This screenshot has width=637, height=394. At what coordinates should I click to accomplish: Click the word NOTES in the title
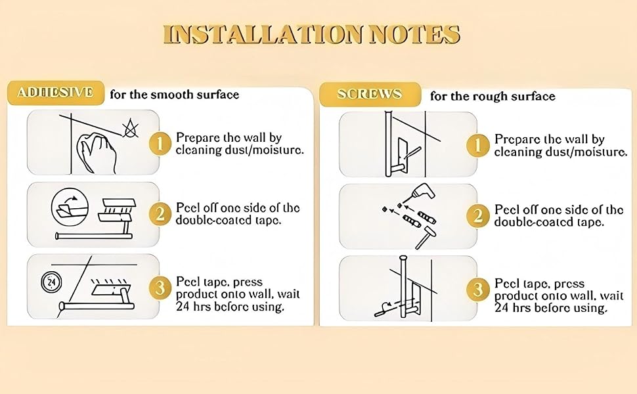point(415,34)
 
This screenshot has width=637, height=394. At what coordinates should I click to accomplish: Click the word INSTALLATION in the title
point(263,34)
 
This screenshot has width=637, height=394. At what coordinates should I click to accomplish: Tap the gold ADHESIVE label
point(56,93)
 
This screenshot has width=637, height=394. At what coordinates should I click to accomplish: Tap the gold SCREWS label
point(370,95)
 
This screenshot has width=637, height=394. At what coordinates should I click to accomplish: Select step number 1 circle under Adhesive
point(160,143)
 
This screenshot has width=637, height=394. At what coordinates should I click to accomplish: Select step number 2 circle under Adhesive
point(160,214)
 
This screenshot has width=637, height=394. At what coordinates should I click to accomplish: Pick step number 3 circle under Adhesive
point(160,288)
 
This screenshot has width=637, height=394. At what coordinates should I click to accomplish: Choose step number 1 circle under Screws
point(477,145)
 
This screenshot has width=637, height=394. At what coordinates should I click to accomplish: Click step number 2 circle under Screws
point(477,215)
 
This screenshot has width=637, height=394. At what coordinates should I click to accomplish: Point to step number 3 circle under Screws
point(477,290)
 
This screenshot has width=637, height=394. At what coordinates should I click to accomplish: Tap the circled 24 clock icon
point(52,282)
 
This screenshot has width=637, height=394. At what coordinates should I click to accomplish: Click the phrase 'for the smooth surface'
point(174,95)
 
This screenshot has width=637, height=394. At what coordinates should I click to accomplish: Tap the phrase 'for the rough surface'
point(493,97)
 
